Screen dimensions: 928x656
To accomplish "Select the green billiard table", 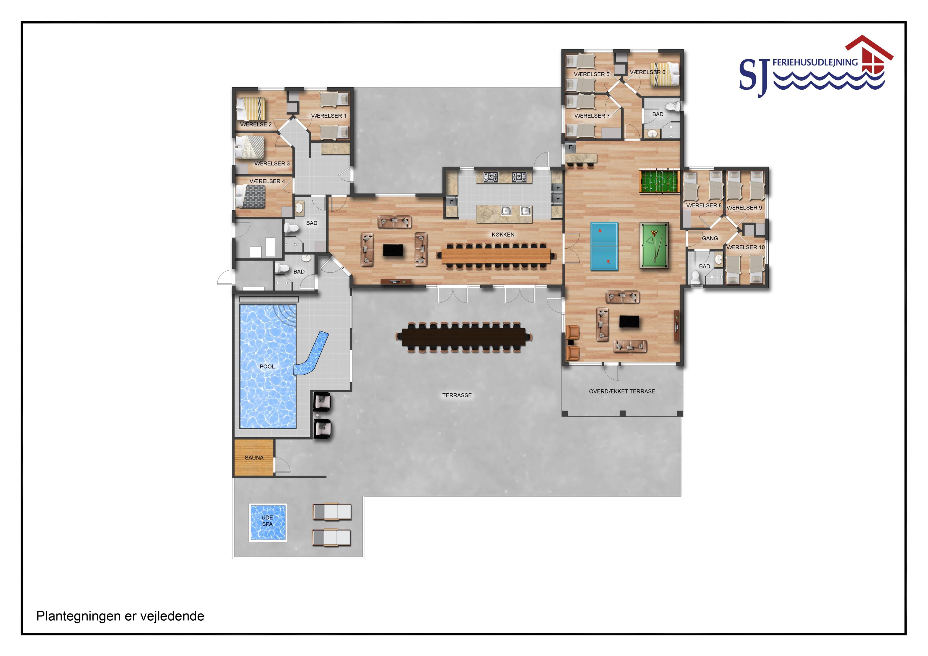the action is [x=654, y=245].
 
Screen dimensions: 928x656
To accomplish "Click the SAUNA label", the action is [x=254, y=457].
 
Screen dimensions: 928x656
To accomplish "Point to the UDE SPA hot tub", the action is [x=268, y=522].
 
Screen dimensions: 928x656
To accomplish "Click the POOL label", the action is [x=267, y=367].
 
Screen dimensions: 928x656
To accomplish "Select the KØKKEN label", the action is [x=503, y=234].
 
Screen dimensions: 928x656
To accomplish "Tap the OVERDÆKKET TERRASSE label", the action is [x=622, y=391].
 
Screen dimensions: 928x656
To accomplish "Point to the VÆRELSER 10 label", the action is [x=745, y=247].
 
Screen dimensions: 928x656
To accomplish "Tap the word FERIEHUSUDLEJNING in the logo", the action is [x=815, y=62].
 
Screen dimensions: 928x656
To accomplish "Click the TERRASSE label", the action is [x=457, y=395].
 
